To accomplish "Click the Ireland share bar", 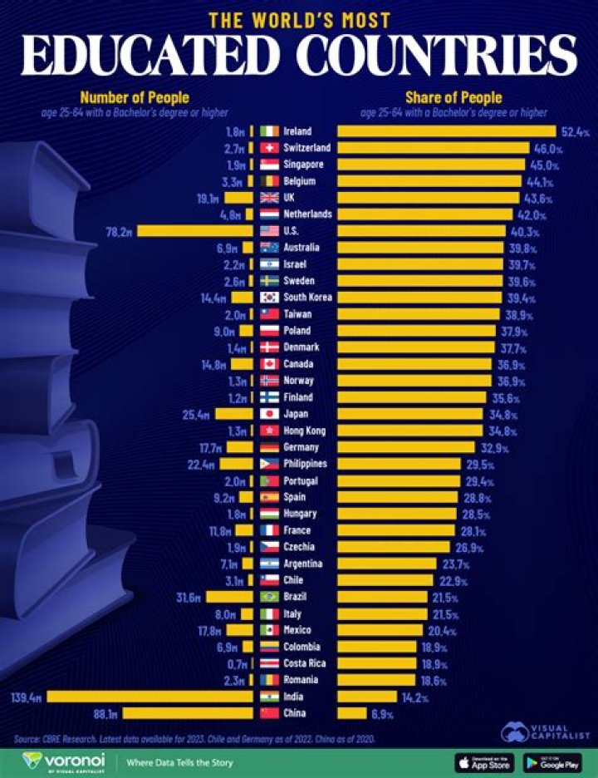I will coord(445,131).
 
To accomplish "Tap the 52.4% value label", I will coord(573,131).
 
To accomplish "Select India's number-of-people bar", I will coord(150,697).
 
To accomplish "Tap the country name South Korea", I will coord(308,298).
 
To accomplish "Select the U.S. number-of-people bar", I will coord(195,231).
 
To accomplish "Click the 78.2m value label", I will coord(119,231).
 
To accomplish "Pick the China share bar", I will coord(351,713).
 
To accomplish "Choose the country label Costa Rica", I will coord(304,663).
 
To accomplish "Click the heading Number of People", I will coord(134,98).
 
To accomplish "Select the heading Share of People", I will coord(453,98).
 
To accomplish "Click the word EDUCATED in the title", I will coord(154,56).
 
